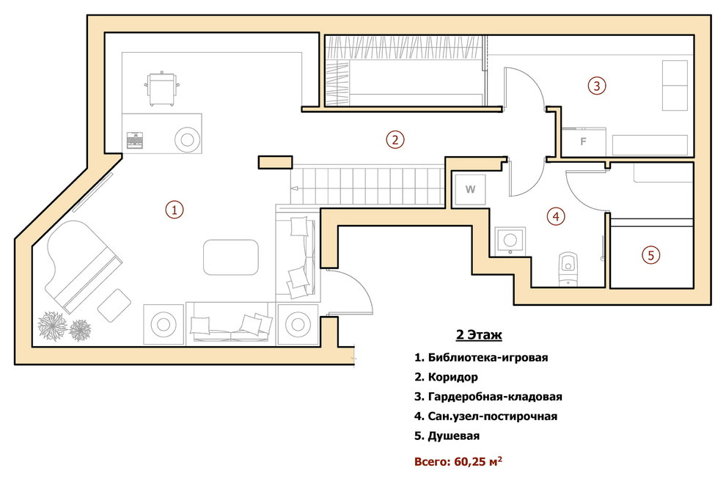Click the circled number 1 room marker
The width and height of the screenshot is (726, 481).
[x=175, y=210]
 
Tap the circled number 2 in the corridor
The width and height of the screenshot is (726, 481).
[x=395, y=139]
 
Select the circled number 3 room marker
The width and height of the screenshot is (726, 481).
[x=597, y=86]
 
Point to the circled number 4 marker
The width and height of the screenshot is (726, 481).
[x=556, y=216]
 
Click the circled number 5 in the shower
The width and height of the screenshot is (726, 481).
[x=651, y=255]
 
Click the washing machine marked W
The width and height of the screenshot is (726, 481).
[x=470, y=189]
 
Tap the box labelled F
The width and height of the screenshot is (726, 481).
[x=584, y=142]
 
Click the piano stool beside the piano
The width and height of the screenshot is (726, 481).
[x=114, y=306]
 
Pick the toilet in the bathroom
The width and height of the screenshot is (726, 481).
[x=568, y=268]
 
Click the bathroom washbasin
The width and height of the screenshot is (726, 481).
[x=510, y=240]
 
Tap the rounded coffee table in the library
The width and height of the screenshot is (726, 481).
[x=231, y=257]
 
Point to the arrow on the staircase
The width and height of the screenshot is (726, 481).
[x=295, y=188]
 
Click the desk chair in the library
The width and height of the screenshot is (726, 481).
[x=161, y=89]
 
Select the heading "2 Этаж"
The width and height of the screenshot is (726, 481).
[x=479, y=334]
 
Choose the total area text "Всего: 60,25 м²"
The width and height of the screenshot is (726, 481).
[x=458, y=461]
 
